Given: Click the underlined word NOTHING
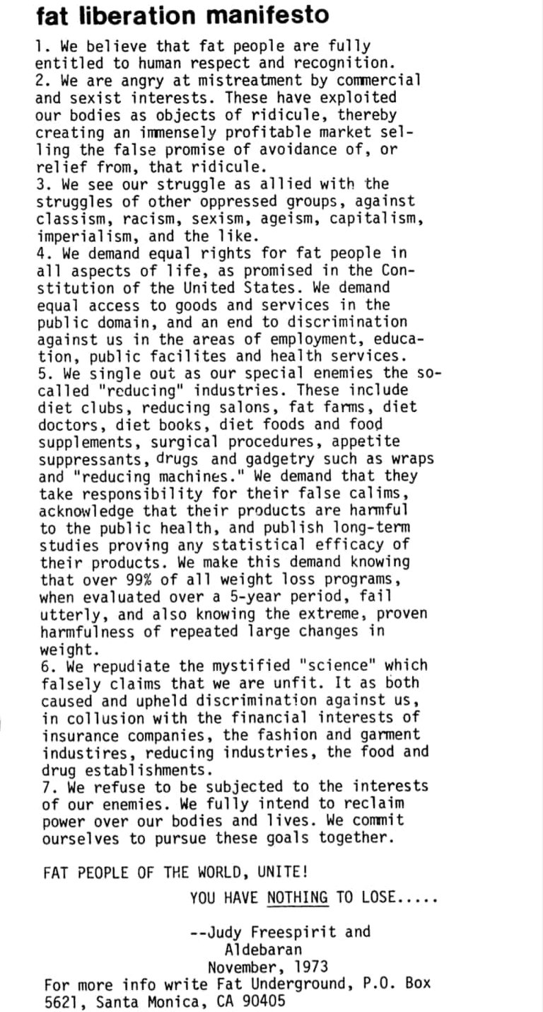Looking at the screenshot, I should pyautogui.click(x=298, y=898).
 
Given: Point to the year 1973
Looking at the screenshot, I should pyautogui.click(x=309, y=966).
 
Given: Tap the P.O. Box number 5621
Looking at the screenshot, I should pyautogui.click(x=61, y=1001).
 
